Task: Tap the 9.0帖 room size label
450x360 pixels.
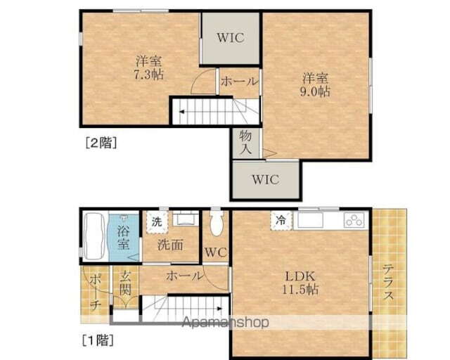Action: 316,91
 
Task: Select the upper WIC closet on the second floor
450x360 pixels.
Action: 231,37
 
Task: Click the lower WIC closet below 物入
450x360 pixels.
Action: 265,179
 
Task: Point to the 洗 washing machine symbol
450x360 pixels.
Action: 157,221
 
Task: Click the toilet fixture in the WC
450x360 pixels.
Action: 216,224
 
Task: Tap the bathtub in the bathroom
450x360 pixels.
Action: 94,236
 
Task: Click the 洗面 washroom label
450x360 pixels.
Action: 170,246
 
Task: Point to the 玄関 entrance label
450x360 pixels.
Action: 126,283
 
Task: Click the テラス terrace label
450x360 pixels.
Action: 388,281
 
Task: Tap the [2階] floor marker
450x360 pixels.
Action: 101,143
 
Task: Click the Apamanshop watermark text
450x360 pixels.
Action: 226,323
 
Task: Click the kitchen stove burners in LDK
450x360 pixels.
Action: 354,220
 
